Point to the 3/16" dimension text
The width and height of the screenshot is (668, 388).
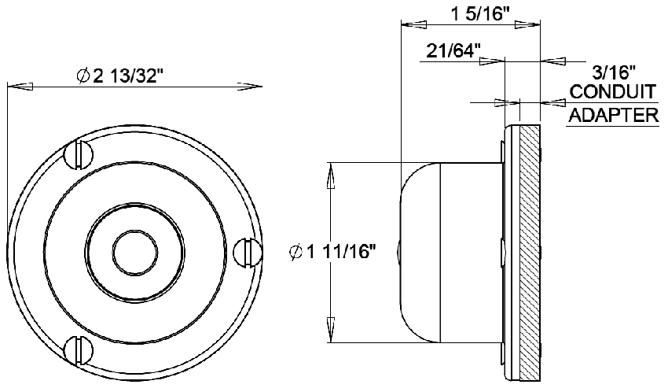coord(613,72)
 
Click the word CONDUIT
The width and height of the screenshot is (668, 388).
coord(612,93)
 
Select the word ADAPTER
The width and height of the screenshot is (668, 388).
coord(612,116)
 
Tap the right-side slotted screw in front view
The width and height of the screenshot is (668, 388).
coord(247,251)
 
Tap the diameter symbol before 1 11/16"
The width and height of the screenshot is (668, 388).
coord(296,253)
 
